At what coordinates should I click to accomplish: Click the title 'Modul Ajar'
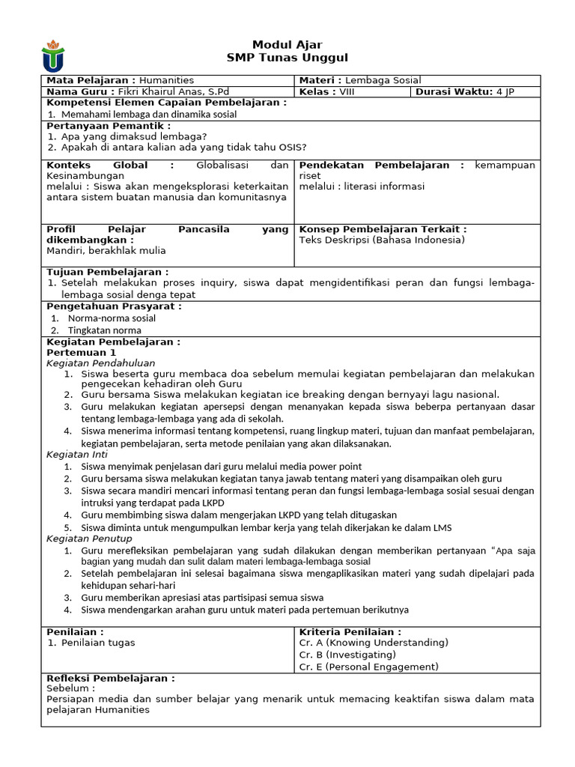[x=287, y=45]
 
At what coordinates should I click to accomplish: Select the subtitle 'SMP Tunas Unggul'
[x=287, y=58]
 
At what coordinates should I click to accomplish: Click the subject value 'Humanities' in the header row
[x=166, y=80]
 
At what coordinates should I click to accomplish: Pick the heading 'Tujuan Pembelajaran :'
[x=107, y=271]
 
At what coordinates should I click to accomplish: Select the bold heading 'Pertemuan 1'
[x=82, y=352]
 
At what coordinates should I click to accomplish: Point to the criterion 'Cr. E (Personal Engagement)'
[x=368, y=667]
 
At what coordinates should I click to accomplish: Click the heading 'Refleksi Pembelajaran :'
[x=111, y=678]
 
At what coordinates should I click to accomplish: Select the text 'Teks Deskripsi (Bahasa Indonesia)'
[x=382, y=240]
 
